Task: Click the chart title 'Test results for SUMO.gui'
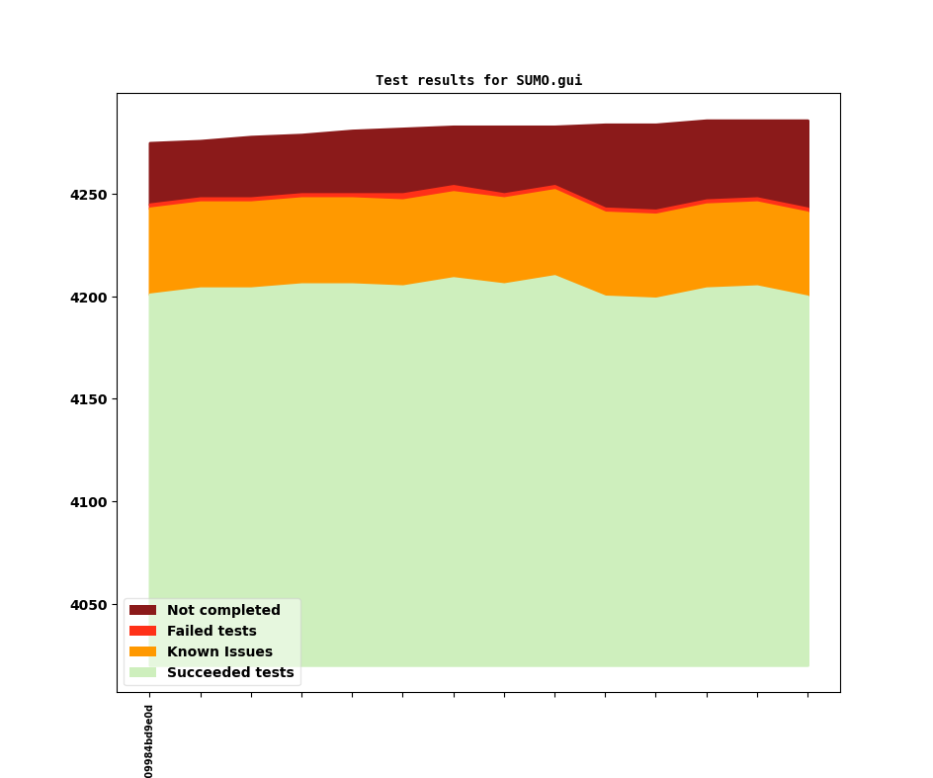coord(478,80)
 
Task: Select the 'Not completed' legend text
coord(223,611)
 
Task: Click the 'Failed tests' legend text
coord(212,632)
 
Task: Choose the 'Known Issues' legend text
coord(219,652)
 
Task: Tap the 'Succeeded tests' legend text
coord(230,673)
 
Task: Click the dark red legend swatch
coord(142,611)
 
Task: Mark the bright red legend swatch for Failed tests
coord(142,632)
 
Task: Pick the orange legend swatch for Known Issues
coord(142,652)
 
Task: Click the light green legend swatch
coord(142,673)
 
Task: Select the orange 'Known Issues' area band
coord(474,237)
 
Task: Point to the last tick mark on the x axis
coord(807,695)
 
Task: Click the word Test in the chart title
coord(391,80)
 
